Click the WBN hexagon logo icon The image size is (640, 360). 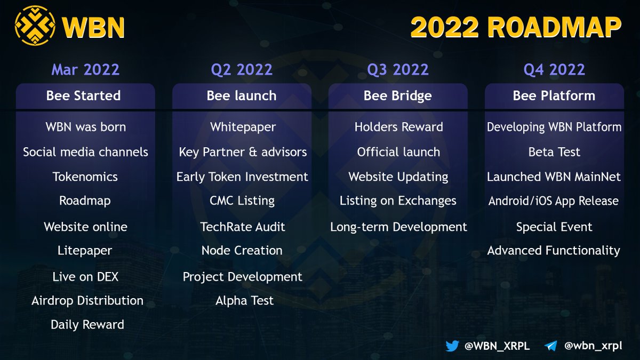(35, 25)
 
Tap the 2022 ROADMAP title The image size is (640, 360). (516, 27)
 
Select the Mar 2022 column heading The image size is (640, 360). (85, 69)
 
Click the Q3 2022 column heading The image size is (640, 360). (398, 69)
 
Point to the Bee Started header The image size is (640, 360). (84, 96)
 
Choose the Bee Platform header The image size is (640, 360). (554, 96)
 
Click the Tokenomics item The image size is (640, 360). (85, 177)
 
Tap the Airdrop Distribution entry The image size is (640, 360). (87, 300)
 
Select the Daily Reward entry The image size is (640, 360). (87, 324)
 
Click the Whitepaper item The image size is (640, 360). (243, 127)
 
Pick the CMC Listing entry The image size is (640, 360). (242, 201)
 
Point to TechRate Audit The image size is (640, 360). (243, 227)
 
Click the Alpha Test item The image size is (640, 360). (244, 300)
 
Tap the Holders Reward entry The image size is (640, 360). (398, 127)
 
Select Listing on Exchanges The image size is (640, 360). (398, 201)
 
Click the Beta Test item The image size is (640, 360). (554, 152)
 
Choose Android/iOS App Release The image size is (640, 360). (554, 201)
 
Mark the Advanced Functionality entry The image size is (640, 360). (554, 251)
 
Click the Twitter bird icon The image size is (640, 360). (452, 346)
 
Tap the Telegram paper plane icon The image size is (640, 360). (550, 346)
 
